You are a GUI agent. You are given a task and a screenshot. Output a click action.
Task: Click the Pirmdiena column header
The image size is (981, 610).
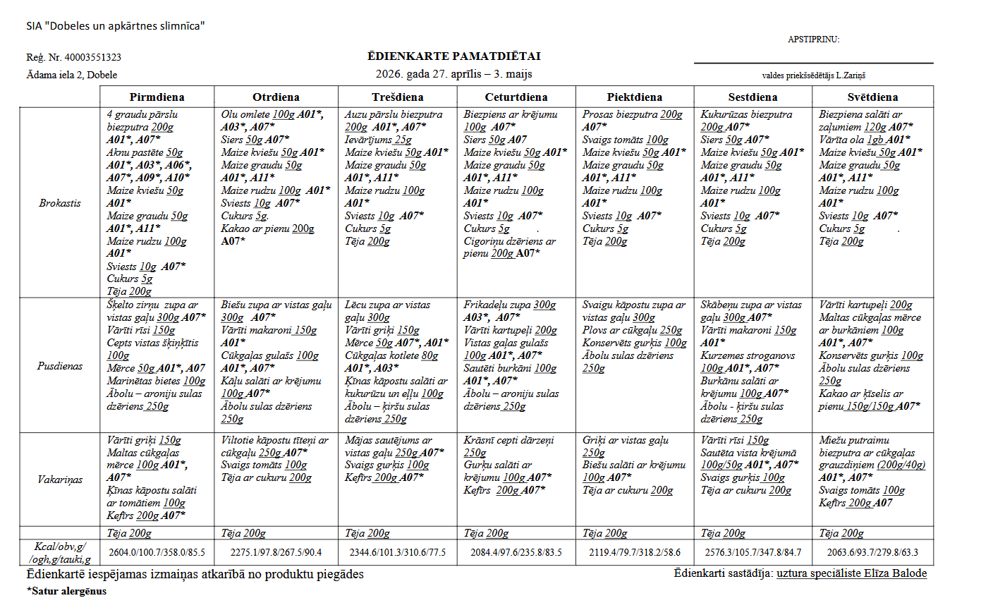click(157, 97)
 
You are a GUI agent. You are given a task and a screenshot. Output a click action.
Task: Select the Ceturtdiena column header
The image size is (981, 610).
click(516, 97)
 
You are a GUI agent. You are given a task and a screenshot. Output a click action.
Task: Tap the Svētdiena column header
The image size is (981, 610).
click(872, 97)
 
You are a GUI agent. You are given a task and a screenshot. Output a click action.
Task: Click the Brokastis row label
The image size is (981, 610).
click(60, 203)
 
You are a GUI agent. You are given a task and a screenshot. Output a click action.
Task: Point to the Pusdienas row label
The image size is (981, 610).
click(60, 366)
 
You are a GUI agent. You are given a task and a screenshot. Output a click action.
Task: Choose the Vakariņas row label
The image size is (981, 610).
click(60, 480)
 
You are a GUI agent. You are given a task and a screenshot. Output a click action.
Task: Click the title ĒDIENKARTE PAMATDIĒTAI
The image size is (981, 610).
click(454, 56)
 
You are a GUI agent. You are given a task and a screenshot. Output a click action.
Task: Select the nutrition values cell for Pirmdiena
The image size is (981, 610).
click(157, 552)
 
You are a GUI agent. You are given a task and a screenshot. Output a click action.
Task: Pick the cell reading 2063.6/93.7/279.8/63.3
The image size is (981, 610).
click(872, 552)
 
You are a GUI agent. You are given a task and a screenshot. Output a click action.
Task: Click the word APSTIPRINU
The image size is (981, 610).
click(813, 39)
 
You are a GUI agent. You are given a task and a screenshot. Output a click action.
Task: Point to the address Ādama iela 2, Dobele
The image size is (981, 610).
click(72, 75)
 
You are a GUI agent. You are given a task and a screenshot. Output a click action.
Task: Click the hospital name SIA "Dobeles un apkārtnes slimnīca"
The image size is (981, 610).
click(116, 27)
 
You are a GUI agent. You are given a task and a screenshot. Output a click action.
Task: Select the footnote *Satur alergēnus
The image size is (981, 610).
click(66, 591)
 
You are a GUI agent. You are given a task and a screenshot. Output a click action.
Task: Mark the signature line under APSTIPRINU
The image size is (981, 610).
click(813, 63)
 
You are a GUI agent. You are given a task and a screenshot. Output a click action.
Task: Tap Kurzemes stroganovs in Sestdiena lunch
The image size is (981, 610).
click(748, 356)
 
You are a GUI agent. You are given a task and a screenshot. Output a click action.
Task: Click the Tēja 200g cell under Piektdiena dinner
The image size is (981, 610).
click(604, 533)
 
